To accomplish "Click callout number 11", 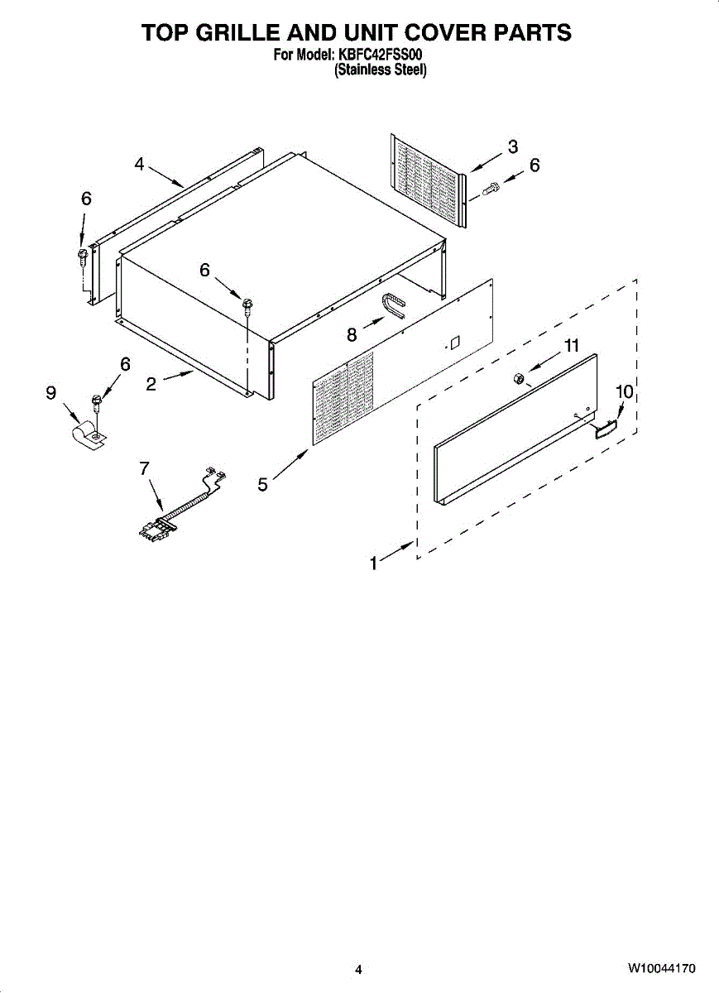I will click(x=572, y=348).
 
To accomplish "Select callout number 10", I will click(x=624, y=391).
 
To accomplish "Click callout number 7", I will click(x=144, y=468).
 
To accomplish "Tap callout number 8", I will click(x=352, y=334).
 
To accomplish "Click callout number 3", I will click(x=513, y=146).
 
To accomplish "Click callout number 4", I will click(x=139, y=165).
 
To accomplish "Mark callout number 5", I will click(x=262, y=485).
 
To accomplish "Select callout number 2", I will click(x=151, y=384).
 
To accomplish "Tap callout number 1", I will click(x=374, y=564).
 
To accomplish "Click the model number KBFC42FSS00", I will click(x=383, y=55).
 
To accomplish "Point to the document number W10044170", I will click(x=661, y=969).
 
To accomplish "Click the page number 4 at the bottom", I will click(x=358, y=970).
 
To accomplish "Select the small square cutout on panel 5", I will click(x=454, y=340).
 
